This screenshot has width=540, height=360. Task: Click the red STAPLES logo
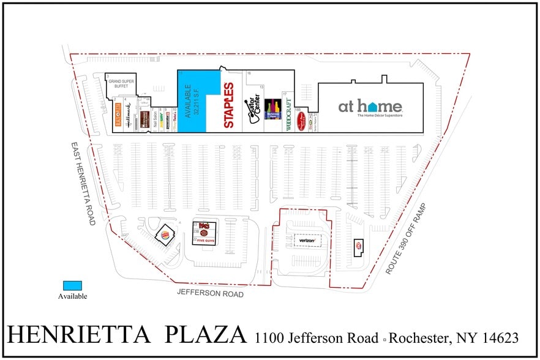(229, 105)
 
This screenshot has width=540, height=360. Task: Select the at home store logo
(370, 108)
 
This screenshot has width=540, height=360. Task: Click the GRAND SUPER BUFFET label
(121, 84)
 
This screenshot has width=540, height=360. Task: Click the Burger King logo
(165, 234)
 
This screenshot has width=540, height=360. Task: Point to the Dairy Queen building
(358, 246)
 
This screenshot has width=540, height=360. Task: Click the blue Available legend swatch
(72, 286)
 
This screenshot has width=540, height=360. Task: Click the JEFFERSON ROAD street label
(210, 294)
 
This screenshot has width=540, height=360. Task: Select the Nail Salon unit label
(157, 116)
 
